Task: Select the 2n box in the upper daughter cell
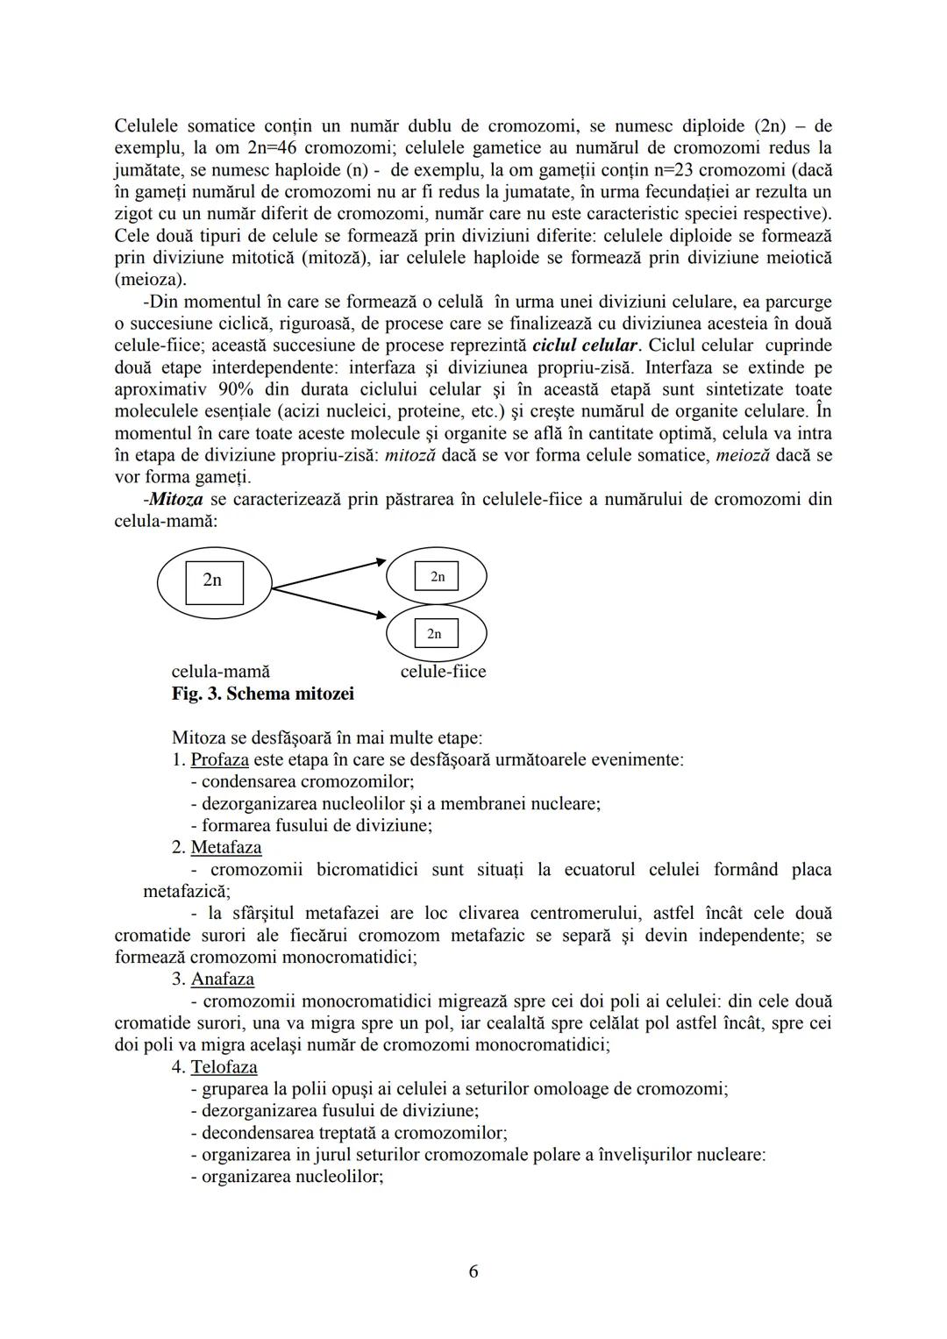tap(437, 577)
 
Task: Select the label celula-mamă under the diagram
tap(220, 672)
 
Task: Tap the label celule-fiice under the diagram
tap(443, 672)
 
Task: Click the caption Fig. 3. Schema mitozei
tap(263, 694)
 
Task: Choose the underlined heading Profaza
tap(219, 759)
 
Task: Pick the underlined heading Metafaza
tap(225, 847)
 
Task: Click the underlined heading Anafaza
tap(222, 979)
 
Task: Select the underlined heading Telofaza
tap(224, 1067)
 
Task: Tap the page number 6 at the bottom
tap(473, 1271)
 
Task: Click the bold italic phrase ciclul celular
tap(584, 345)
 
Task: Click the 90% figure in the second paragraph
tap(228, 389)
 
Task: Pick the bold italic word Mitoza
tap(176, 499)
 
